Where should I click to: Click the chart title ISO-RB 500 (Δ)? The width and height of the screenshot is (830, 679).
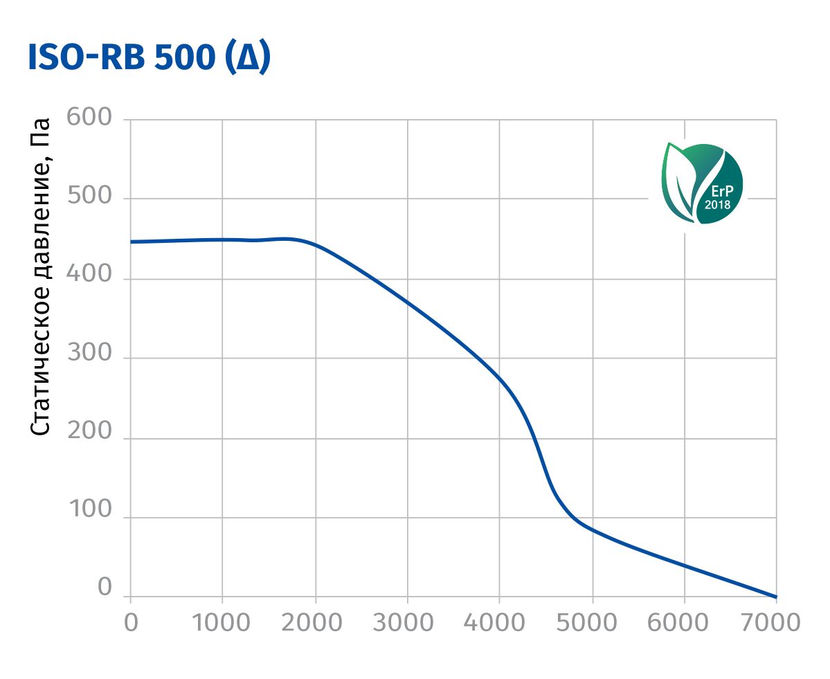(x=150, y=59)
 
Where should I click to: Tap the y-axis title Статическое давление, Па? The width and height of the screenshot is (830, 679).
(x=42, y=277)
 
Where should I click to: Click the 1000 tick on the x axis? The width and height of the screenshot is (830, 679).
(x=222, y=622)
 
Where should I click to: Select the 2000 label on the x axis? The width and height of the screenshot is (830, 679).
(x=315, y=622)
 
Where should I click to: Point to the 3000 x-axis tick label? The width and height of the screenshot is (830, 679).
(x=407, y=622)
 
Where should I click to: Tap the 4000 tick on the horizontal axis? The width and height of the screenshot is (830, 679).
(x=499, y=622)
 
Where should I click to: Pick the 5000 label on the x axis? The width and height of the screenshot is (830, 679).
(x=592, y=622)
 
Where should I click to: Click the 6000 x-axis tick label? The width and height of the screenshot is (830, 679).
(x=684, y=622)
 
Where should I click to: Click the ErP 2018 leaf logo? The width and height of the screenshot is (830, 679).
(x=702, y=183)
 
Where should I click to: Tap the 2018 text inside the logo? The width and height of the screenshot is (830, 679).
(x=717, y=205)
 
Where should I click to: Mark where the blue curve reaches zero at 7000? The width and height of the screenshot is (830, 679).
(x=776, y=597)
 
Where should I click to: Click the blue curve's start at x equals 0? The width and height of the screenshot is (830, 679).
(x=131, y=242)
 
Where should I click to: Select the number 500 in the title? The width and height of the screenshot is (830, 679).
(x=185, y=59)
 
